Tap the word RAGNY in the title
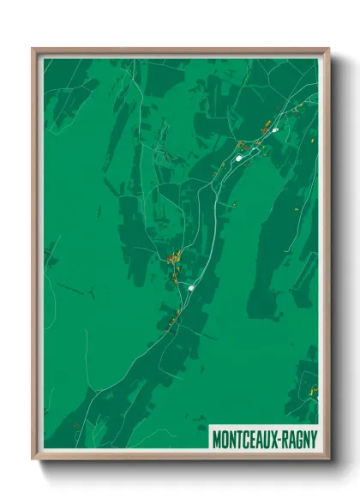298,437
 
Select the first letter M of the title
217,437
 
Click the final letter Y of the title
314,437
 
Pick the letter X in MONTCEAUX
273,437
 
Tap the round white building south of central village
191,288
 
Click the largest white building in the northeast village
239,158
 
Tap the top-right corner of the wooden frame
328,50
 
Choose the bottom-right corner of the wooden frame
328,459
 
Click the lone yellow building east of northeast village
314,140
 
